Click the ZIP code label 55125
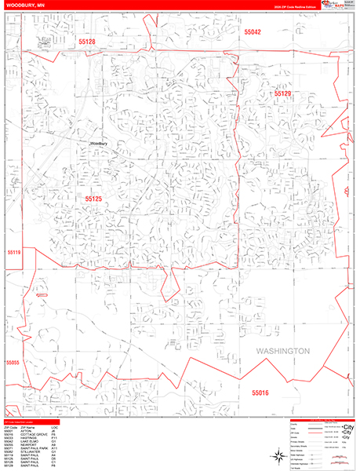(x=93, y=199)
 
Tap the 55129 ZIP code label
(x=282, y=93)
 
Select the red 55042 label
(x=253, y=33)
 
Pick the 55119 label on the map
(x=13, y=253)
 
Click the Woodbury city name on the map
(x=98, y=144)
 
